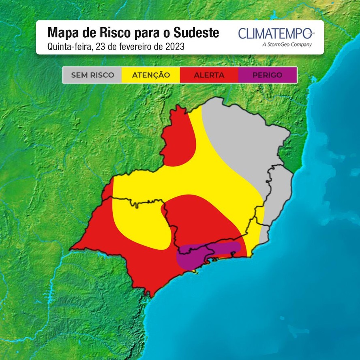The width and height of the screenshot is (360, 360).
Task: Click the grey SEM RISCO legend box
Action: click(92, 75)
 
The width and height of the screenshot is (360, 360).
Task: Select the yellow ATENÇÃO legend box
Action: click(151, 75)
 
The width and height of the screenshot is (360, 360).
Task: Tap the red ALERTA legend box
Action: click(209, 75)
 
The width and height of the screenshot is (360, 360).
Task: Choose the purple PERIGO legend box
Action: click(267, 75)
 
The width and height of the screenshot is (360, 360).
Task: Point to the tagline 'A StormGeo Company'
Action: click(287, 45)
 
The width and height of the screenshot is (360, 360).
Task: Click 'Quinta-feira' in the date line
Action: click(69, 47)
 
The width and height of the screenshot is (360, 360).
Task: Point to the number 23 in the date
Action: click(99, 47)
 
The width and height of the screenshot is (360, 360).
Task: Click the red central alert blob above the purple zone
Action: click(199, 219)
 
